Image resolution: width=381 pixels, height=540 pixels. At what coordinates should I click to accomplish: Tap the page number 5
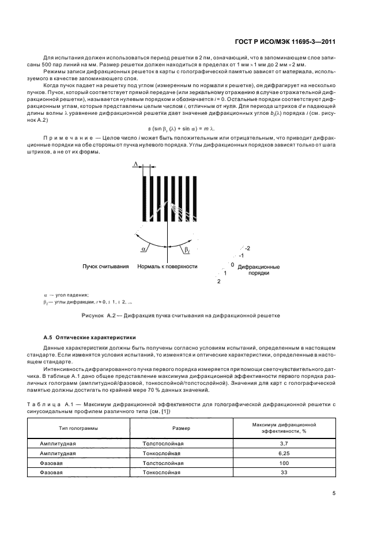(335, 493)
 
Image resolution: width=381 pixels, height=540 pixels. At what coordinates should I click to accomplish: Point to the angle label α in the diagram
(143, 248)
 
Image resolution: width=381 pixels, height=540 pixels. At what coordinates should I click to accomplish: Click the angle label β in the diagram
(187, 249)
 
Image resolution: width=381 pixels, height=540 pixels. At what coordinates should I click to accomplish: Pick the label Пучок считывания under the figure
(105, 267)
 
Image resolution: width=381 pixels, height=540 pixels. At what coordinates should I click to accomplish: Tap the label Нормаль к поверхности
(167, 267)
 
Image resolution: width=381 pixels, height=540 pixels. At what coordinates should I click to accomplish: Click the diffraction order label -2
(247, 247)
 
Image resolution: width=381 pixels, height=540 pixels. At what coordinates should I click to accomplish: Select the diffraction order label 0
(232, 264)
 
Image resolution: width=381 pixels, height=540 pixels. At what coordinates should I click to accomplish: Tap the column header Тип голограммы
(78, 429)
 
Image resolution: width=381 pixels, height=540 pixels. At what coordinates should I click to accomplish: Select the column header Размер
(182, 429)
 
